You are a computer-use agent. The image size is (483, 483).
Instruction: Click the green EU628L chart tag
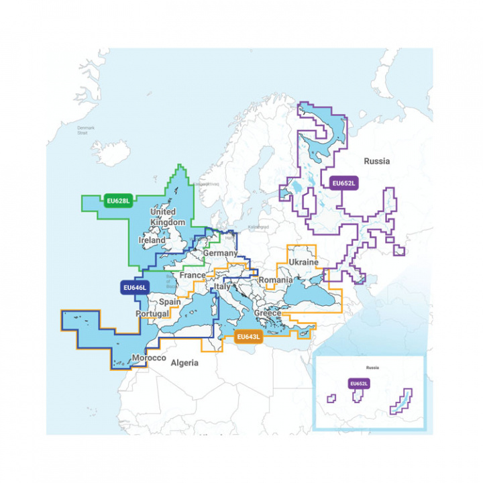point(118,200)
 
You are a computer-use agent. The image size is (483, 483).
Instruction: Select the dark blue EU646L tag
point(134,287)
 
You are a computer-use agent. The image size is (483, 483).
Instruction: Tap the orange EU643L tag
point(248,337)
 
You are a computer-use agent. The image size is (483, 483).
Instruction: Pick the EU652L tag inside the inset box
point(359,383)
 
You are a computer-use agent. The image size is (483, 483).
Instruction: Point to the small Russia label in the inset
point(372,368)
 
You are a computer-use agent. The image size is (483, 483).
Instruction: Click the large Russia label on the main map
point(376,161)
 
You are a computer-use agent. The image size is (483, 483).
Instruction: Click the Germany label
point(221,253)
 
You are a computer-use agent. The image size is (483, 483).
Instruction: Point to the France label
point(193,276)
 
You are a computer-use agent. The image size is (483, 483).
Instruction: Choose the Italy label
point(222,287)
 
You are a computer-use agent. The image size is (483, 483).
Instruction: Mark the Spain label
point(170,303)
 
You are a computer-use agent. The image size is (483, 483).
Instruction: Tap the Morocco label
point(148,358)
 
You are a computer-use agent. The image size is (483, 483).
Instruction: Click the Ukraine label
point(303,262)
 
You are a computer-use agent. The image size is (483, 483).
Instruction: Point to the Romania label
point(275,280)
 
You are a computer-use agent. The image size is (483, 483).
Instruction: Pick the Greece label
point(268,313)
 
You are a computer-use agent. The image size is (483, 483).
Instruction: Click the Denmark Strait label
point(87,130)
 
